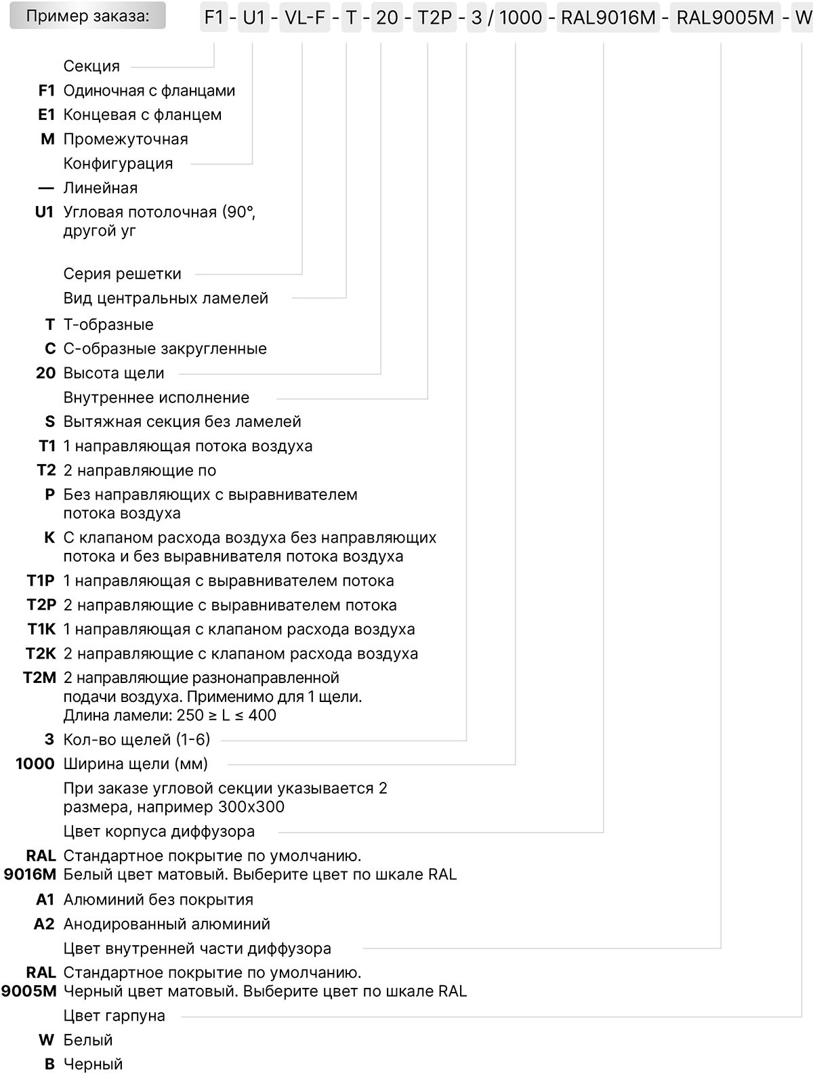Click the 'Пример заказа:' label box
point(87,16)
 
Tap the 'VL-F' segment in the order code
point(305,18)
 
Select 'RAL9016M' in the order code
point(608,18)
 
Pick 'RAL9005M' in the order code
point(725,18)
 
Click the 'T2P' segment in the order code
point(434,18)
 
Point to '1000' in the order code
point(520,18)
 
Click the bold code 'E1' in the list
point(46,115)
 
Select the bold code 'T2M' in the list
point(39,678)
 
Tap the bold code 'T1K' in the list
point(41,629)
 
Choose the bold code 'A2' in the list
point(44,924)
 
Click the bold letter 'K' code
point(49,538)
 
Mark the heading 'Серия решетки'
point(123,274)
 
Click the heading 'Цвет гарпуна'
point(114,1016)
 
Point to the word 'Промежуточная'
point(125,140)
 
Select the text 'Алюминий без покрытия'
point(158,900)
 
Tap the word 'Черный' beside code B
point(93,1064)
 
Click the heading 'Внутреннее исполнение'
point(157,398)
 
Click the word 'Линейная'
point(100,188)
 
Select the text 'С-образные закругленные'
point(165,349)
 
